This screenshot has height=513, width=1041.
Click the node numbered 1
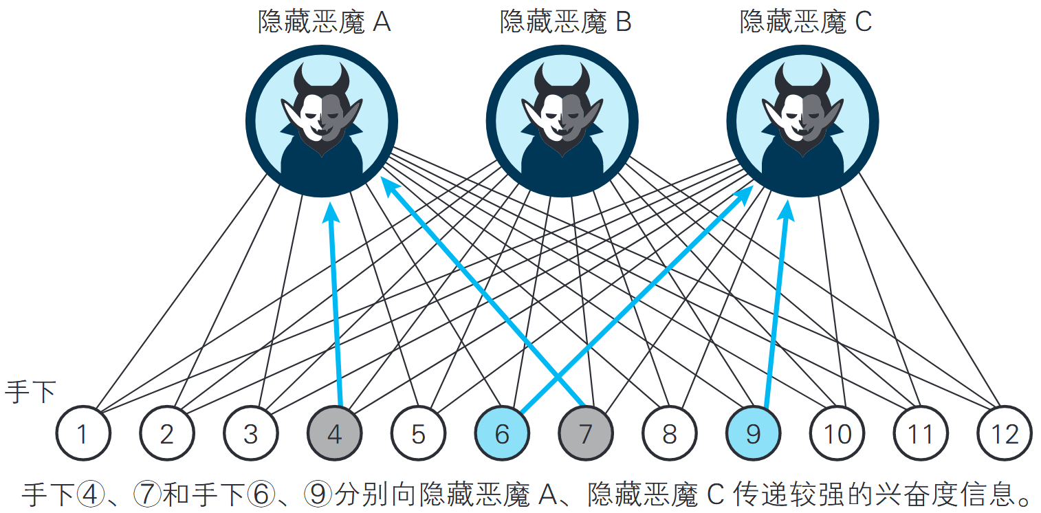point(83,434)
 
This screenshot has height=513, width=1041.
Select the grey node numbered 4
point(334,434)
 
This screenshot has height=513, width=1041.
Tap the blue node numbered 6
point(502,434)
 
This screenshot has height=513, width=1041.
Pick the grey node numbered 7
point(586,434)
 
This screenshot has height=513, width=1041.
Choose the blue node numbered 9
point(754,434)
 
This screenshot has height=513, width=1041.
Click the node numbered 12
point(1005,434)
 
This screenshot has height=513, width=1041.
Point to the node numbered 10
point(837,434)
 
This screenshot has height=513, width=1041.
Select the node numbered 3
point(250,434)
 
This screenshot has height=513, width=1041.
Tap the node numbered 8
point(670,434)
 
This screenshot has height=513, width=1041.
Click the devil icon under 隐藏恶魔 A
point(322,121)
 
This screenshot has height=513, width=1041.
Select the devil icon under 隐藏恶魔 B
point(562,121)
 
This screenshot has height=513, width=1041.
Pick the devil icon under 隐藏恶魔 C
point(802,121)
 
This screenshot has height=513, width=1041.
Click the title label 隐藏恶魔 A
point(324,23)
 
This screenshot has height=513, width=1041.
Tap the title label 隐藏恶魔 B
point(565,23)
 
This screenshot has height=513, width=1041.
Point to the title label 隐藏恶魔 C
point(805,23)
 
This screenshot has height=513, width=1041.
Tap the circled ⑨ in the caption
point(318,494)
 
